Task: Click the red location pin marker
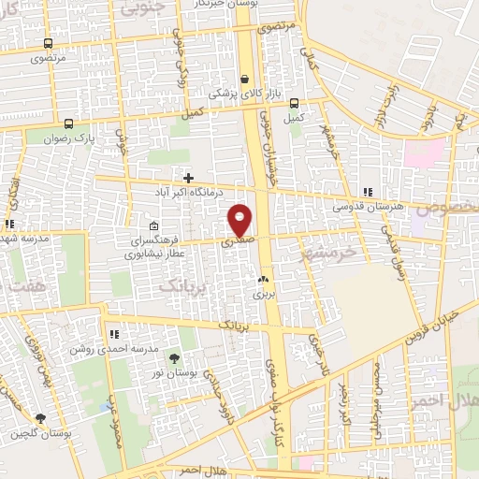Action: pos(240,219)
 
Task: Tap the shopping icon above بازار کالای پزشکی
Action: pos(245,80)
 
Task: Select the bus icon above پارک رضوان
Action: pos(67,123)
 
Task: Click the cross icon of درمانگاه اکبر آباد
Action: pos(189,177)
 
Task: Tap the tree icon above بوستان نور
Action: pos(173,357)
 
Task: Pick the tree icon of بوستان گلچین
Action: pos(40,418)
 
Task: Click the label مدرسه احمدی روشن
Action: pos(105,348)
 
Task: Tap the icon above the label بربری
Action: pos(263,279)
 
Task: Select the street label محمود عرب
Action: pos(115,437)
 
